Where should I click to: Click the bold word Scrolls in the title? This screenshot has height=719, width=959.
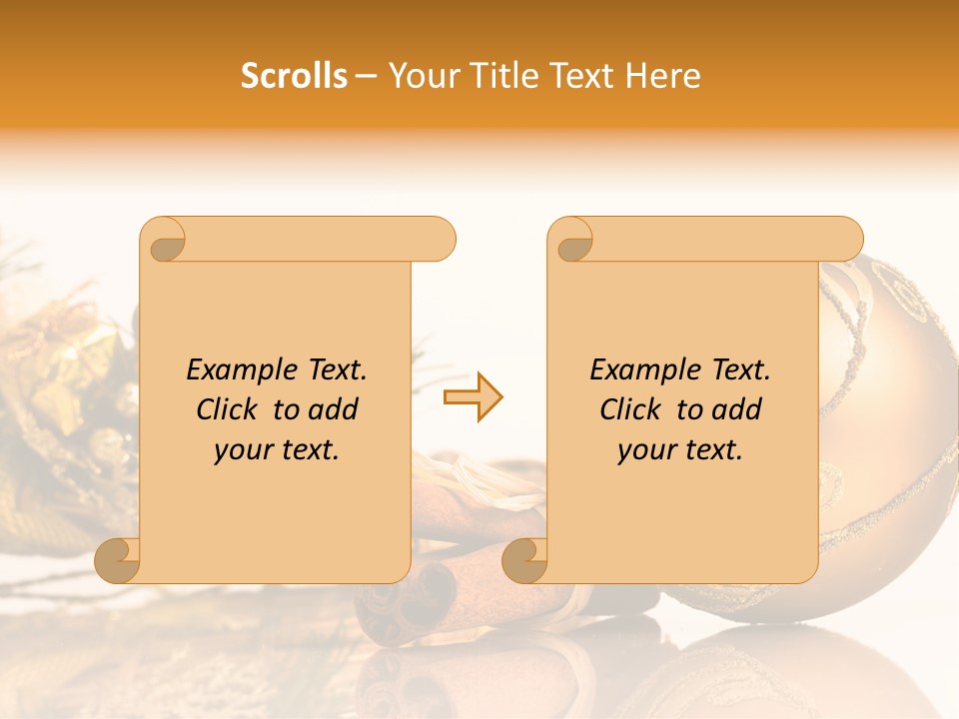pyautogui.click(x=294, y=76)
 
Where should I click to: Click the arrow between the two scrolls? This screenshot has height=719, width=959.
pyautogui.click(x=473, y=397)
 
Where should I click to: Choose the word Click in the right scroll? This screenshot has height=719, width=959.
pyautogui.click(x=621, y=409)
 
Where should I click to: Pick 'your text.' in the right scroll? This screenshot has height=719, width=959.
pyautogui.click(x=680, y=450)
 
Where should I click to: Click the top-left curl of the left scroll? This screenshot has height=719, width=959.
pyautogui.click(x=164, y=240)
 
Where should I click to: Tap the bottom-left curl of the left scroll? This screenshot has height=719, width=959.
pyautogui.click(x=118, y=559)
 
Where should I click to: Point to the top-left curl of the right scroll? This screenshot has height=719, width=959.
pyautogui.click(x=571, y=240)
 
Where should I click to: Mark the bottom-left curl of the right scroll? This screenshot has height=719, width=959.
pyautogui.click(x=525, y=559)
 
